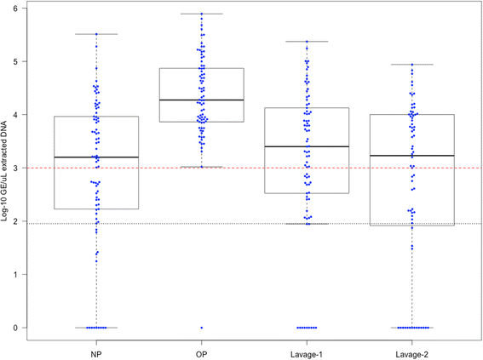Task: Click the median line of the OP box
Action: (x=201, y=100)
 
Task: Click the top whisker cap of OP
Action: (x=201, y=14)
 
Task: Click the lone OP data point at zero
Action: (x=201, y=328)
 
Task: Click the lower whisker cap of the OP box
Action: (x=201, y=167)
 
